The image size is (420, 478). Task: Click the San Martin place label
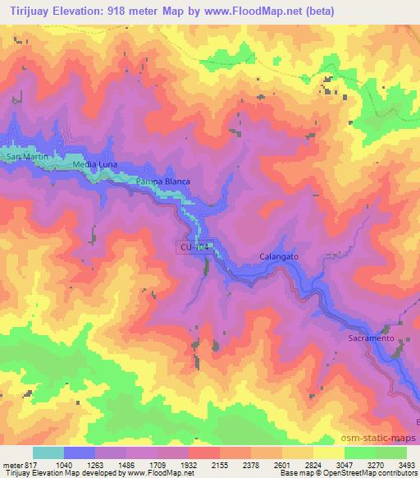click(x=21, y=156)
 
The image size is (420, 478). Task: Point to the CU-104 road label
click(x=194, y=246)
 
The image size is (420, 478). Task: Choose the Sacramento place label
click(x=372, y=338)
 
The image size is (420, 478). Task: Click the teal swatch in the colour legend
click(x=48, y=453)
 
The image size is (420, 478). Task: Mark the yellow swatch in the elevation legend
click(x=328, y=453)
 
